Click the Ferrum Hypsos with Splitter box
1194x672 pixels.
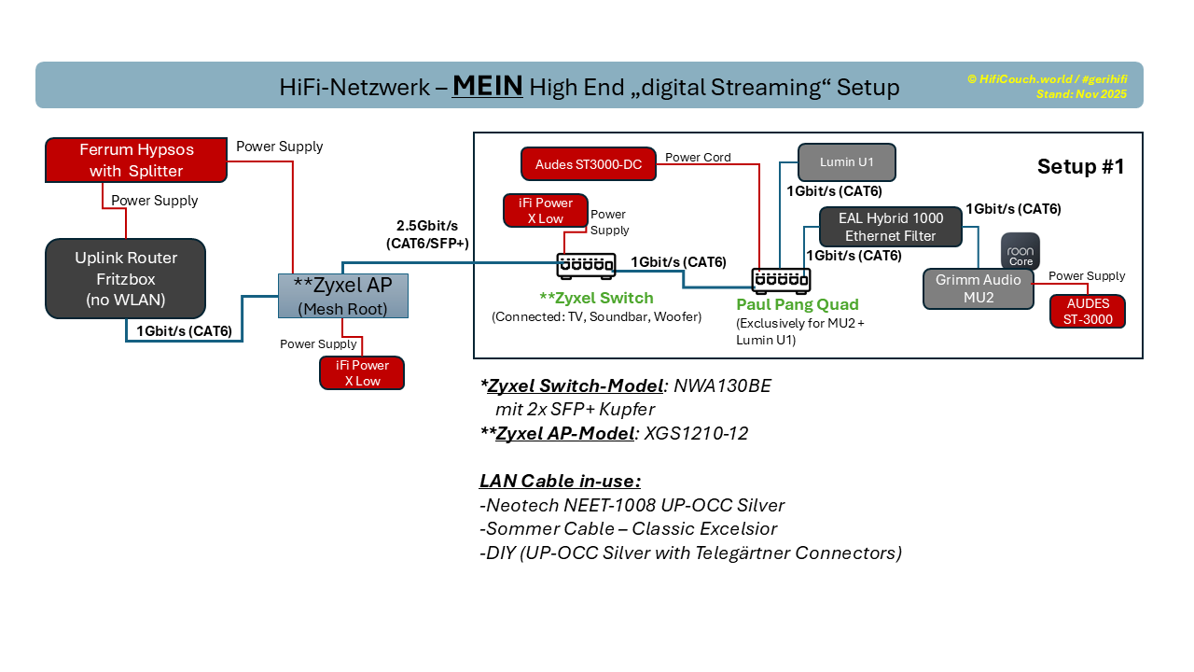136,160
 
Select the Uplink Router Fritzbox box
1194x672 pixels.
125,278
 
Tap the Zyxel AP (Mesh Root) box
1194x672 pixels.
342,296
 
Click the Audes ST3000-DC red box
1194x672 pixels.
588,164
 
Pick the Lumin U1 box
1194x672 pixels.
846,162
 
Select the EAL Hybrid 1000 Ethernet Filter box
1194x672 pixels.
890,227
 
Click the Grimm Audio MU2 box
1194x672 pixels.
978,288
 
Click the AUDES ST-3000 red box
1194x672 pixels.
1087,311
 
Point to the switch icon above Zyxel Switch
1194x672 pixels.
586,266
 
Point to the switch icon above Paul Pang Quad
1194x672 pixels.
781,280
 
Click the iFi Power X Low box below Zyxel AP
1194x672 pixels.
362,372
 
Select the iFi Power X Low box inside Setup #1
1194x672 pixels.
546,210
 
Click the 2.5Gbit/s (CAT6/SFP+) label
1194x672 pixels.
427,234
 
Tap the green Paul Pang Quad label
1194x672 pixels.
797,304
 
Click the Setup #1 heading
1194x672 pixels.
1080,166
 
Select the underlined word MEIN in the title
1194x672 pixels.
487,87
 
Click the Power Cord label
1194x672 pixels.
698,157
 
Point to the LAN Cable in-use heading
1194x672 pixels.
560,481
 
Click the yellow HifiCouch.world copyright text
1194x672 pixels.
1047,79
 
